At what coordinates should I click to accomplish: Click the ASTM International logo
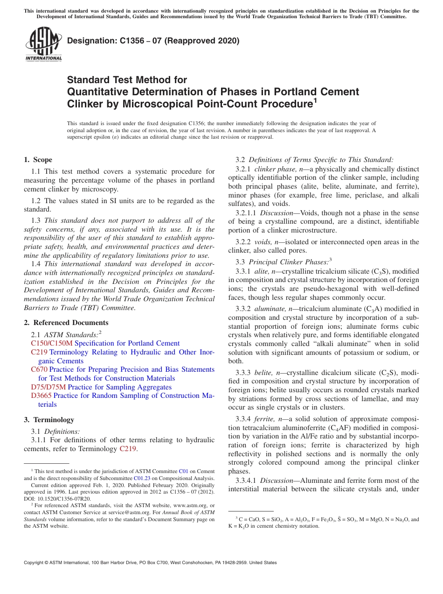pos(43,44)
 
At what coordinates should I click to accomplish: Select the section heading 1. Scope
pos(38,160)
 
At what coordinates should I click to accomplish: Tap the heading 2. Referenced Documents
pos(66,323)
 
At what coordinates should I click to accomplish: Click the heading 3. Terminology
pos(49,420)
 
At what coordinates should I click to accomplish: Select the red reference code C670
pos(39,369)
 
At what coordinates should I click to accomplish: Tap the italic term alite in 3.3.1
pos(262,271)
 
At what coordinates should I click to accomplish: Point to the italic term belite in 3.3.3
pos(263,373)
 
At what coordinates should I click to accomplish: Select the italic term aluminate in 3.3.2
pos(270,309)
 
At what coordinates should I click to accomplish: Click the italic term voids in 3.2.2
pos(263,242)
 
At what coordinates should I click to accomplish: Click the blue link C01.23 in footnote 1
pos(141,478)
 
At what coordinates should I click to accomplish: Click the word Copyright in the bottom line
pos(35,563)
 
